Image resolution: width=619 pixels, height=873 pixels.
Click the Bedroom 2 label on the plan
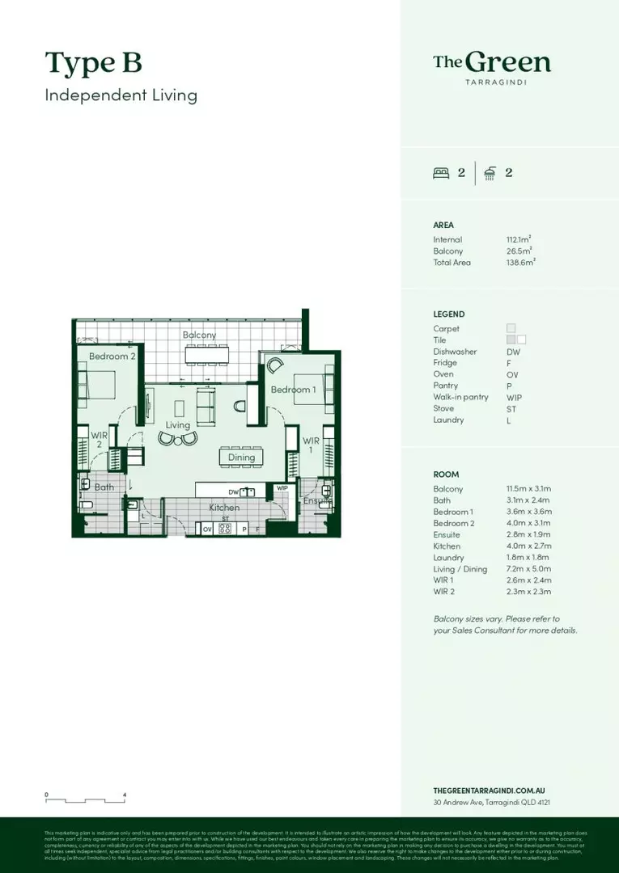tap(112, 356)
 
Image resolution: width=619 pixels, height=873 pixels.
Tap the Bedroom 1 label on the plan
tap(293, 390)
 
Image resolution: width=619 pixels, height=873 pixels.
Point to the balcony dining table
tap(207, 355)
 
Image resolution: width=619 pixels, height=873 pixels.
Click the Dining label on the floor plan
tap(241, 458)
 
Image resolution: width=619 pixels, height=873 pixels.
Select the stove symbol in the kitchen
tap(225, 529)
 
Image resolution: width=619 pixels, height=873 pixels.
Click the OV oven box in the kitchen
tap(207, 529)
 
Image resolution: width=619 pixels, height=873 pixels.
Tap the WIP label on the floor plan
tap(282, 488)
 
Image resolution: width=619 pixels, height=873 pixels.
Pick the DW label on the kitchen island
tap(233, 491)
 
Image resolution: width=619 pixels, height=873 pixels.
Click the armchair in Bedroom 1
tap(275, 365)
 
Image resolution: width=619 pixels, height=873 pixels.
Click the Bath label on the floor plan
tap(104, 487)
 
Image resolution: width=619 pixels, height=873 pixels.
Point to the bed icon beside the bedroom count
tap(441, 172)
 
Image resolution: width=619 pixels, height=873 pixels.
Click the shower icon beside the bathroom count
tap(490, 172)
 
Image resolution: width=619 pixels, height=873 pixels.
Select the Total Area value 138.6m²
tap(521, 263)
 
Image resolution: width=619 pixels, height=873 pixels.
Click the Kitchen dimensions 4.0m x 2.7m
tap(528, 546)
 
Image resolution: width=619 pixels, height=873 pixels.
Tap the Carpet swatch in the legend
tap(511, 328)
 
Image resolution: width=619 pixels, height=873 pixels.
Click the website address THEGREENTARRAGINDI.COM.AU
tap(493, 791)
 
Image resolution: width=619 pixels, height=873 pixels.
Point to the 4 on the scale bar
tap(125, 795)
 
